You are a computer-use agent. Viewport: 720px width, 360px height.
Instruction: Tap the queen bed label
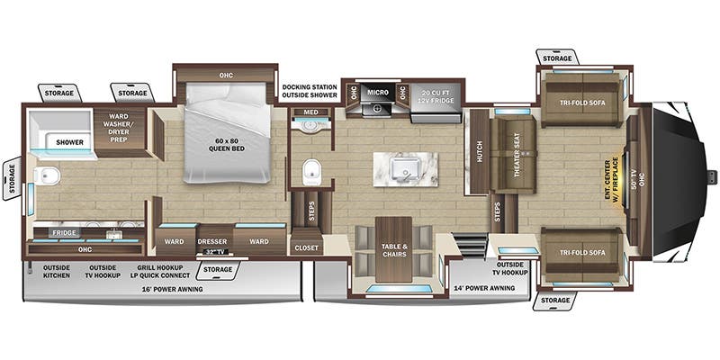point(226,145)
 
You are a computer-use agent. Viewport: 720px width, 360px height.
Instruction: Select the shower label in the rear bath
point(70,142)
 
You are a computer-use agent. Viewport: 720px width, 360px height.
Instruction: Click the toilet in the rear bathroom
point(47,175)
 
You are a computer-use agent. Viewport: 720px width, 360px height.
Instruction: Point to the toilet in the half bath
point(312,172)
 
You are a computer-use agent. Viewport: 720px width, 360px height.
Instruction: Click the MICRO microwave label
point(377,93)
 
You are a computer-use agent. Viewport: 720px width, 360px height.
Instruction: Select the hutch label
point(480,151)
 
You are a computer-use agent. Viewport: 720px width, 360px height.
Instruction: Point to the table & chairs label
point(393,250)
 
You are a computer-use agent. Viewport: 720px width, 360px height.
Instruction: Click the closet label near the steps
point(306,248)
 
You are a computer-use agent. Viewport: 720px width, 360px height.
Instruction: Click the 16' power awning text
point(172,289)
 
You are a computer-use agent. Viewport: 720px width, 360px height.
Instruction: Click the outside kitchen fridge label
point(64,233)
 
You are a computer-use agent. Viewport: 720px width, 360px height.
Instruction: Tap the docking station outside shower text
point(310,91)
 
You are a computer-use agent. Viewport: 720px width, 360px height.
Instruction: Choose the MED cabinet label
point(310,112)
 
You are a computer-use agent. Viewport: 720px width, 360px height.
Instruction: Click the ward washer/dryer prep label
point(119,128)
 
